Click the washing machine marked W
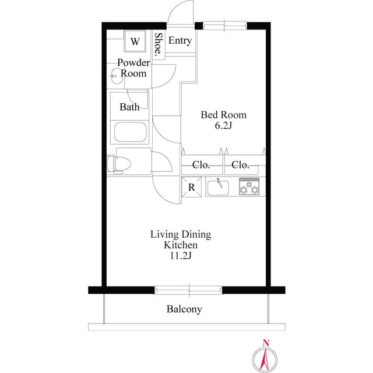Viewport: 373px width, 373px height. point(135,41)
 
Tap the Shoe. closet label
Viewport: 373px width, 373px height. point(159,43)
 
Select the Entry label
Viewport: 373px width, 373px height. point(180,41)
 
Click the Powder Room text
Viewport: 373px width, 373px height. point(133,68)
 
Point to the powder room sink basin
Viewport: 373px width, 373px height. point(115,75)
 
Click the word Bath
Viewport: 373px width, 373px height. point(129,107)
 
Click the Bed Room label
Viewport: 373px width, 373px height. point(223,115)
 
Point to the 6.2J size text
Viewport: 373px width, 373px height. point(224,125)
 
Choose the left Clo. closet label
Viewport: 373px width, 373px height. point(201,165)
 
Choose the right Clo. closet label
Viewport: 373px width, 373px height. point(241,165)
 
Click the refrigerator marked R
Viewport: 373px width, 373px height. point(191,188)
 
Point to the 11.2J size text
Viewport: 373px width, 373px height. point(181,256)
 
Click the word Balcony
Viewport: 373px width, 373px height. point(184,309)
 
